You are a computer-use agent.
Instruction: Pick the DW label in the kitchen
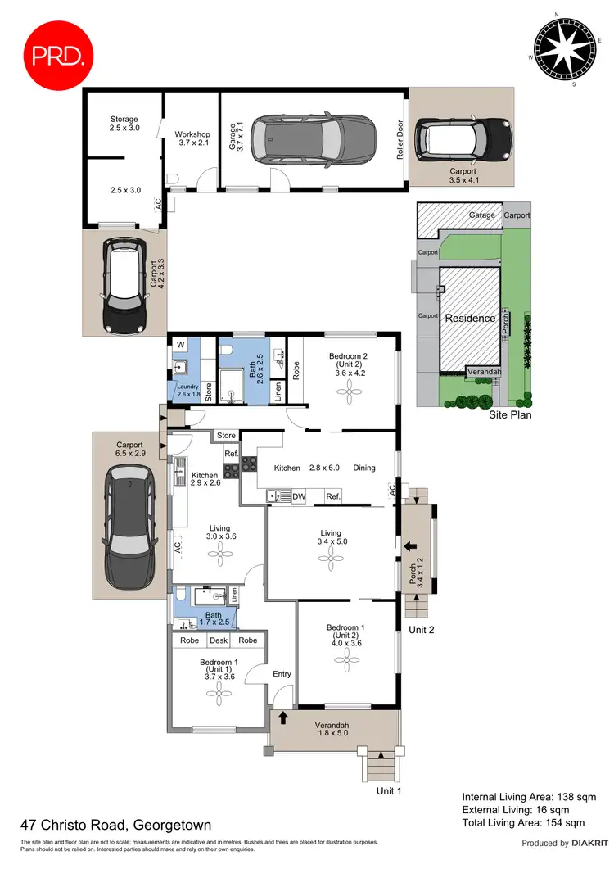[x=299, y=496]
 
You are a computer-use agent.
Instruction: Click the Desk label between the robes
[x=219, y=640]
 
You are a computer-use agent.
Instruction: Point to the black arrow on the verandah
[x=284, y=719]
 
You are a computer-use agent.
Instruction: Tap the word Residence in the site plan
[x=469, y=318]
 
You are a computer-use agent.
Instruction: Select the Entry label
[x=282, y=674]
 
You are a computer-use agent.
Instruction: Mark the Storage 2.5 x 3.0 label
[x=124, y=124]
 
